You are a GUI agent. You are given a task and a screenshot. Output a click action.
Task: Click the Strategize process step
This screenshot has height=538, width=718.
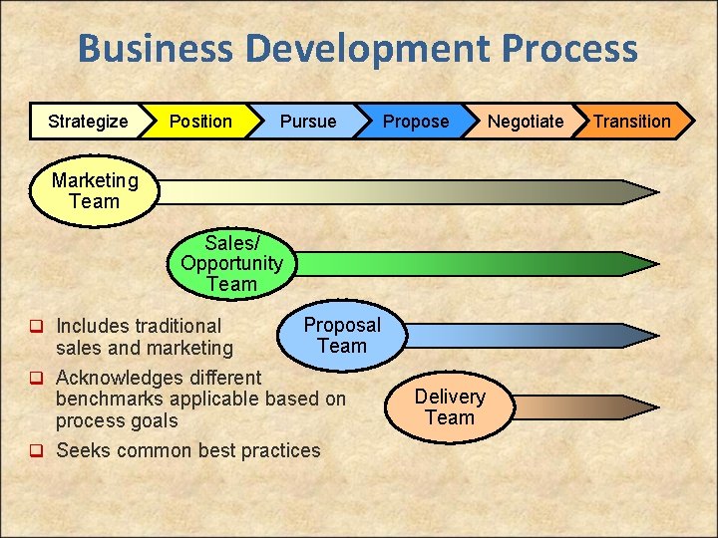88,122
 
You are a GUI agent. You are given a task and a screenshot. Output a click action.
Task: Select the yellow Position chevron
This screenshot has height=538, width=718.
200,122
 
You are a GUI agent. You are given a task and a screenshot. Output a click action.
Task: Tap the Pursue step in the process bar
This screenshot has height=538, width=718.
308,122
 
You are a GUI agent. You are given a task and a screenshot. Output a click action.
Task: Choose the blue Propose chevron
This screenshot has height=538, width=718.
416,122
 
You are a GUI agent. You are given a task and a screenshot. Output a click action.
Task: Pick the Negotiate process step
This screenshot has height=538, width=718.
526,122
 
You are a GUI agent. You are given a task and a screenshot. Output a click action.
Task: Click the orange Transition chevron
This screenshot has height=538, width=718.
632,122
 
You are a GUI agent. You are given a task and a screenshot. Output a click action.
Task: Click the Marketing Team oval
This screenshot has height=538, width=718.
95,191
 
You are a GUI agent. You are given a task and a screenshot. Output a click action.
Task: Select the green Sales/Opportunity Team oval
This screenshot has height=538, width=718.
231,264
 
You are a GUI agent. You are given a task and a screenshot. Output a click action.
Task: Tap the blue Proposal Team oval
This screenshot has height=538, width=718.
342,336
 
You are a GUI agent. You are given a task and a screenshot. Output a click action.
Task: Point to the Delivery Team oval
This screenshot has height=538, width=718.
450,406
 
